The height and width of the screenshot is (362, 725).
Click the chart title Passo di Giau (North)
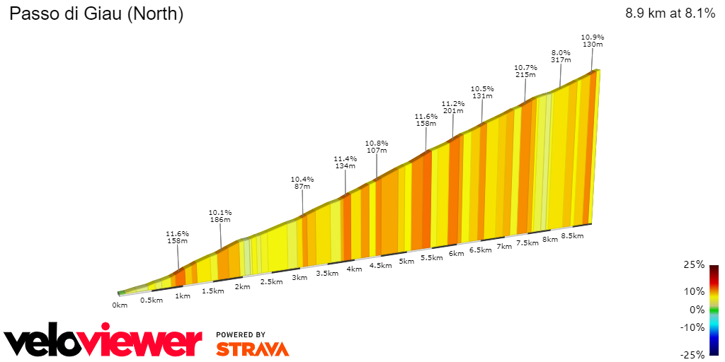(x=96, y=14)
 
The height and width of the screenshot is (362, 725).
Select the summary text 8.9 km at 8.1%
(x=670, y=13)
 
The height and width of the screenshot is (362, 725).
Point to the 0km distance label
(x=120, y=305)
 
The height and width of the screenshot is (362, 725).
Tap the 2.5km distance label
(x=271, y=281)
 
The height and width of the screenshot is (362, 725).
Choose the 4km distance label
(x=354, y=269)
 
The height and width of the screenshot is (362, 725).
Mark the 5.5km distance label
(x=432, y=257)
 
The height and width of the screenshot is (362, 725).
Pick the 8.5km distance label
(x=572, y=235)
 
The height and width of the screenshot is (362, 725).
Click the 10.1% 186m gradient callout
(x=220, y=216)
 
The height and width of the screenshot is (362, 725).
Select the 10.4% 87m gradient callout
(x=302, y=182)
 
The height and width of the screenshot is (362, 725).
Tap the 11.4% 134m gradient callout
(x=346, y=163)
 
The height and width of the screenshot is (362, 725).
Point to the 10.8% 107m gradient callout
(x=377, y=146)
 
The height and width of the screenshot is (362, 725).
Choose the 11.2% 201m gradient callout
(x=452, y=107)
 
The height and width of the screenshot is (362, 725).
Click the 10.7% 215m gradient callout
(x=525, y=71)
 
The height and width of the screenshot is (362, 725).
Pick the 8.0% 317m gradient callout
(x=561, y=57)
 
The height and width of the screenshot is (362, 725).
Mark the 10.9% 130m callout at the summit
(x=592, y=40)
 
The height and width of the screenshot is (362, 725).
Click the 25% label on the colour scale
(x=695, y=264)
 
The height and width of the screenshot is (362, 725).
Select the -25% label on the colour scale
(x=693, y=354)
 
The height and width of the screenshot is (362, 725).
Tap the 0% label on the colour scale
(x=697, y=309)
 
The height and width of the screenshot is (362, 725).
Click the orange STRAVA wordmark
(x=252, y=349)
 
